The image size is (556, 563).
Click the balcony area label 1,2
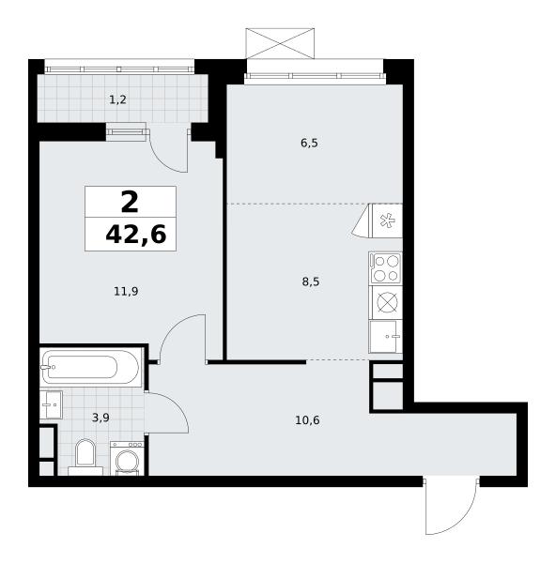[117, 99]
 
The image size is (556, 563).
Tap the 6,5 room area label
[309, 144]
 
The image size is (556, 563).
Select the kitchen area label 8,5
[311, 281]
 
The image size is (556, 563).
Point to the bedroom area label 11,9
[126, 291]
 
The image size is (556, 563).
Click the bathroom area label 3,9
[100, 418]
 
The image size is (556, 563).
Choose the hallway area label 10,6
[307, 419]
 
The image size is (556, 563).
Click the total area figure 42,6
[136, 235]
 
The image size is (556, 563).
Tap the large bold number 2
[130, 202]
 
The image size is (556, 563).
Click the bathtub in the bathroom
[89, 367]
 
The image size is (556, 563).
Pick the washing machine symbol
[127, 459]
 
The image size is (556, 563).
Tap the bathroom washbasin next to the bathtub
[51, 404]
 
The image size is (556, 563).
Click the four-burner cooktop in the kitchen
[386, 267]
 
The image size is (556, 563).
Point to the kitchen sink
[386, 337]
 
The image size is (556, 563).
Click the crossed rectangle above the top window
[280, 43]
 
